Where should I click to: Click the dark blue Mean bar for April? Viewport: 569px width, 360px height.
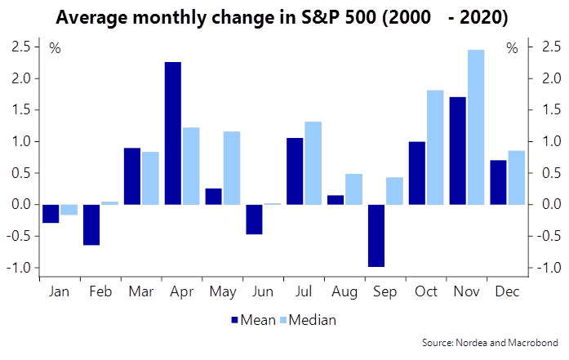tap(172, 133)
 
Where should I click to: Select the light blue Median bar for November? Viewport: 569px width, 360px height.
tap(476, 127)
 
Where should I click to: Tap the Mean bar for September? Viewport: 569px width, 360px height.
tap(376, 235)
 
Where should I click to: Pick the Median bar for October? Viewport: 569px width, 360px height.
tap(435, 147)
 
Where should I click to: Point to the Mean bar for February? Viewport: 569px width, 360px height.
tap(91, 224)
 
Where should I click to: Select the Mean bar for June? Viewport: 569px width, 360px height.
tap(254, 219)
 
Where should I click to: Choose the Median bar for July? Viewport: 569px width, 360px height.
tap(313, 162)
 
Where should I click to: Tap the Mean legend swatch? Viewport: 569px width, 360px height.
tap(236, 320)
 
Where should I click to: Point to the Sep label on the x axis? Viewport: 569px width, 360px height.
tap(385, 291)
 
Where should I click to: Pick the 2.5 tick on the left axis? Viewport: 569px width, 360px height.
tap(20, 47)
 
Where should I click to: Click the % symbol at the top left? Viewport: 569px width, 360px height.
tap(56, 47)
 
